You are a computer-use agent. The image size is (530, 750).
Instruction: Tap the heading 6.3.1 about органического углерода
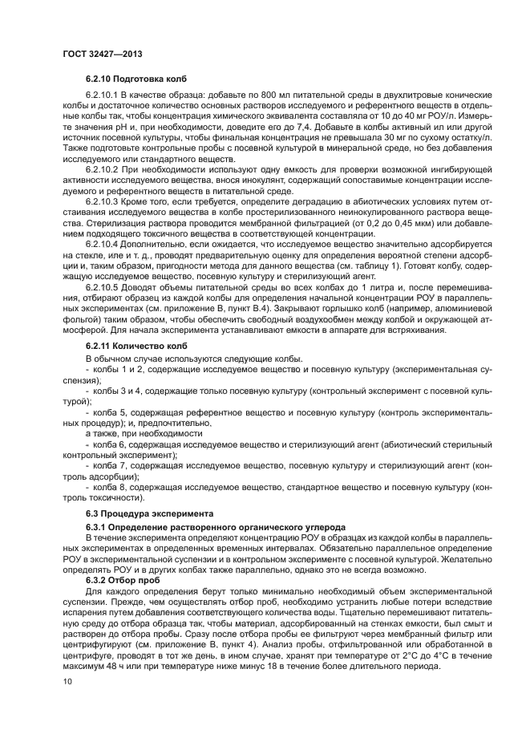pos(204,526)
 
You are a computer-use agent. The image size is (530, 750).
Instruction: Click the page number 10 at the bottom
pos(67,681)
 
